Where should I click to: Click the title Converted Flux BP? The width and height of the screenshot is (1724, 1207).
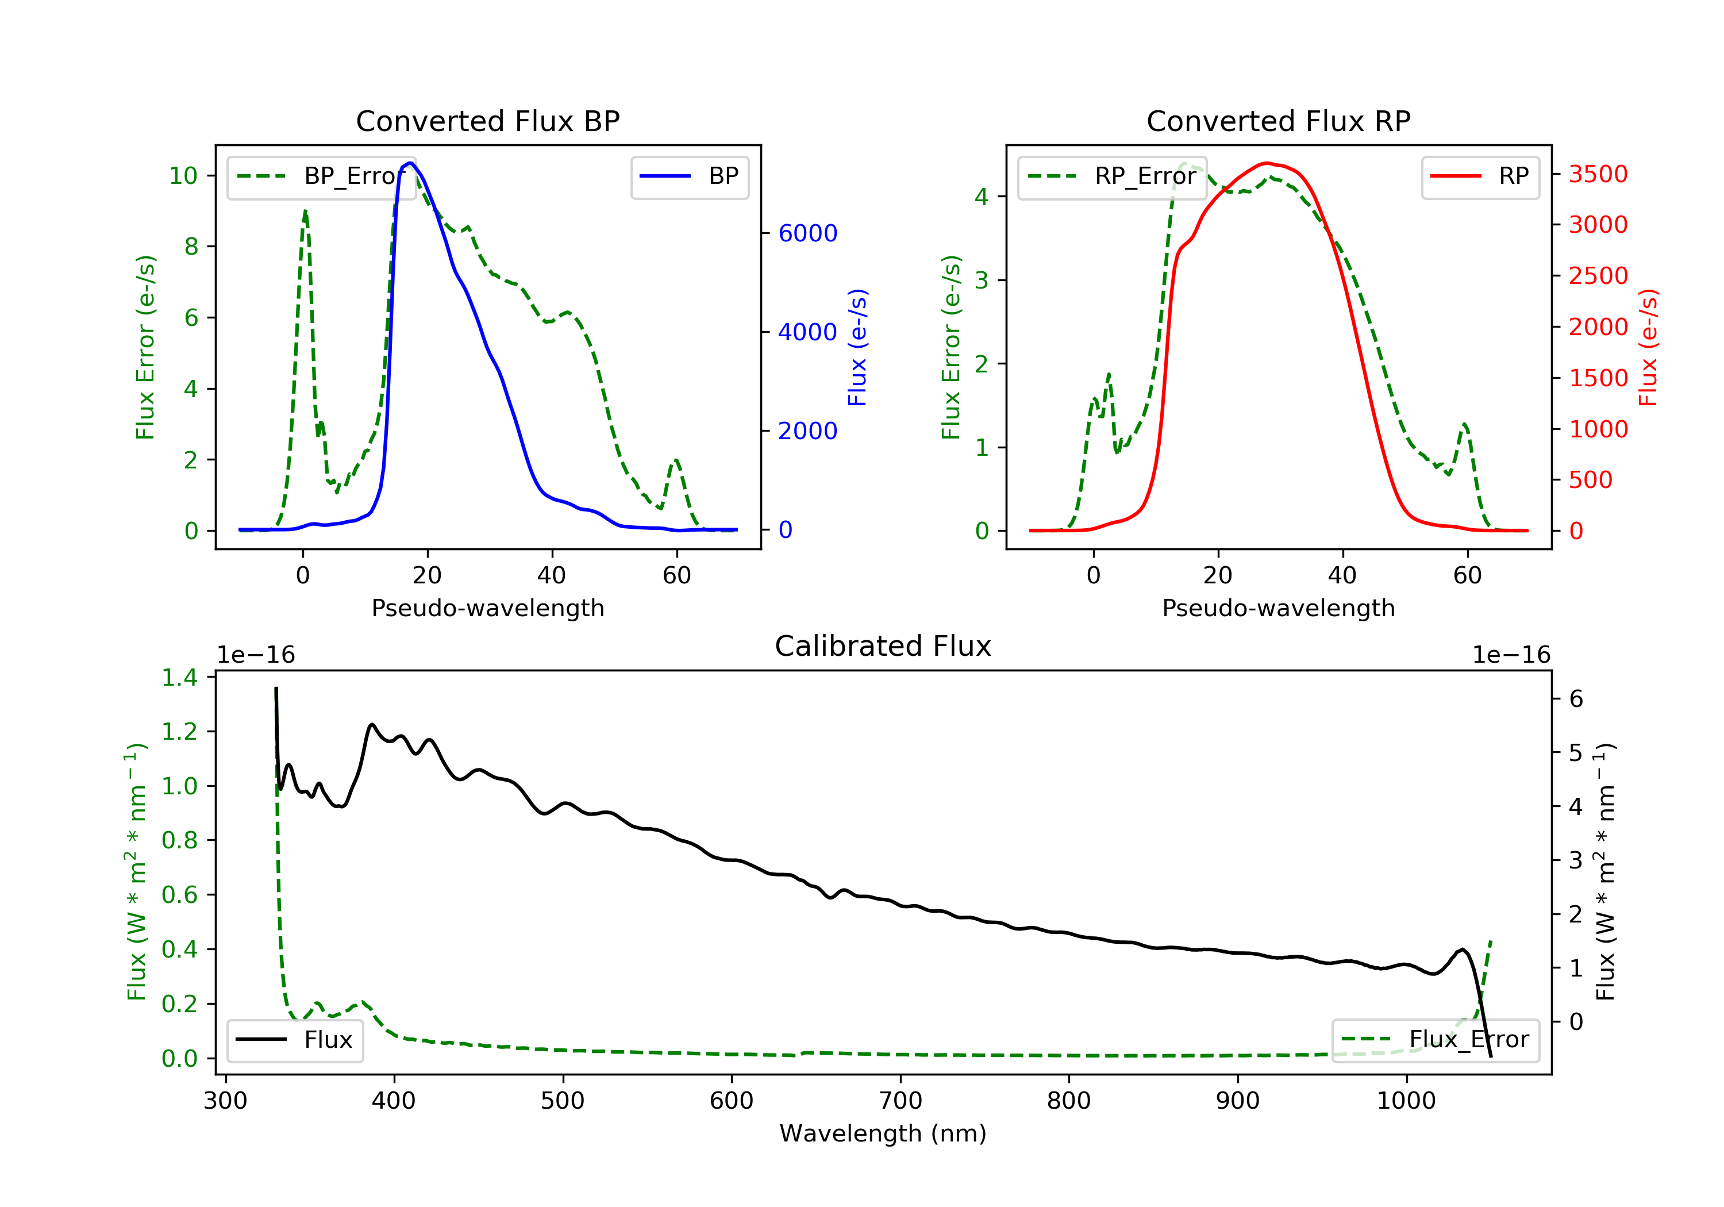(487, 121)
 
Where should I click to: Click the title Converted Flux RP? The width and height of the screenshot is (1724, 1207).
(1278, 121)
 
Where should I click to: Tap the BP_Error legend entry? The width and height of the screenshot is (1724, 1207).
(321, 177)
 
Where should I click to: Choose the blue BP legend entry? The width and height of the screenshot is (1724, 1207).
(689, 176)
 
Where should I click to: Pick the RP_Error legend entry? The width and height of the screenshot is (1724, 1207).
(1112, 177)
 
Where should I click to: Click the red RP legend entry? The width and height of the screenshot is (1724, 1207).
(1480, 176)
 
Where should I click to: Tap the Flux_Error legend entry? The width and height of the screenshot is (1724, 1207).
(1435, 1040)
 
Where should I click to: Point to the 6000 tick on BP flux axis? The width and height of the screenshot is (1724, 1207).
(807, 233)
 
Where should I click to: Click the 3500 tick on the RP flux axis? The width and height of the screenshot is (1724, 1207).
(1598, 174)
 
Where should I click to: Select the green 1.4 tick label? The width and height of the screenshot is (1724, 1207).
(179, 678)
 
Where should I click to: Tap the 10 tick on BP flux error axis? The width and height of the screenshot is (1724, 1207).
(183, 176)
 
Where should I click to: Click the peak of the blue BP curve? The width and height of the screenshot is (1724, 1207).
(410, 163)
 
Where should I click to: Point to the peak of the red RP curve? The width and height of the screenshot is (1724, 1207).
(1267, 163)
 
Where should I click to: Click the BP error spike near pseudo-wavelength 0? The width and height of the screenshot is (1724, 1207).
(305, 212)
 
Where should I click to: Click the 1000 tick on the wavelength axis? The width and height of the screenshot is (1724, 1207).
(1406, 1101)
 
